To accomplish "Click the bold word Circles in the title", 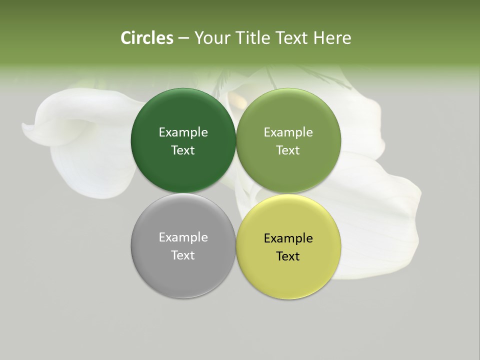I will [x=146, y=38].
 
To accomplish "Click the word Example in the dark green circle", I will [x=183, y=132].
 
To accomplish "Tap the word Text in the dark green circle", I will [x=183, y=150].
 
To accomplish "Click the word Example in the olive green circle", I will [x=288, y=132].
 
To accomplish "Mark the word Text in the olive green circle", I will [x=288, y=150].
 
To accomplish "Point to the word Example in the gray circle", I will [x=183, y=237].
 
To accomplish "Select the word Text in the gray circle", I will [x=183, y=255].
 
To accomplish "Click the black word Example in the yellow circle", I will [x=288, y=238].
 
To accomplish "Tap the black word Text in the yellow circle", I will [x=288, y=256].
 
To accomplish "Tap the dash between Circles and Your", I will [x=183, y=38].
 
